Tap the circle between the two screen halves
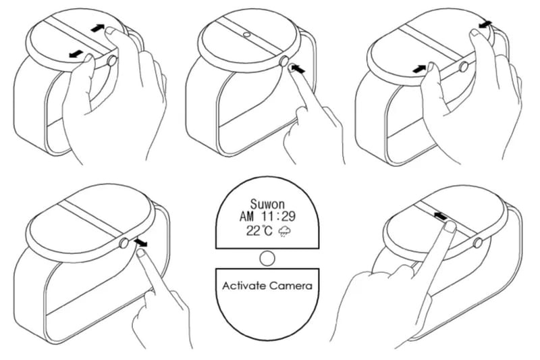coord(267,257)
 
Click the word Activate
coord(245,286)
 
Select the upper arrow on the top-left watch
coord(99,28)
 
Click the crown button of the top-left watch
coord(111,61)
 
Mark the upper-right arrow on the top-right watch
coord(483,25)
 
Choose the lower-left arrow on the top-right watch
coord(419,68)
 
